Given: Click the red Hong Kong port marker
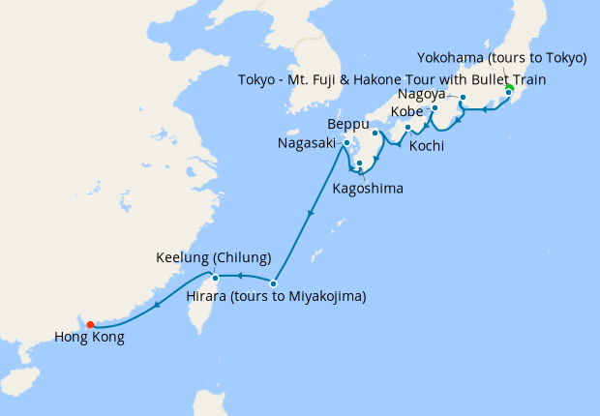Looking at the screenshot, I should (x=90, y=325).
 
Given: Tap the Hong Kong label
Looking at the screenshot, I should (x=89, y=339).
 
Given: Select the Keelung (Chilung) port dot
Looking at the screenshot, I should (x=216, y=279).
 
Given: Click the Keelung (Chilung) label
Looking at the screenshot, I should (x=214, y=259).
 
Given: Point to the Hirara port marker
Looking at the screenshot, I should (x=274, y=283).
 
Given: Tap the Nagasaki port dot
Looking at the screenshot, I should (x=346, y=143).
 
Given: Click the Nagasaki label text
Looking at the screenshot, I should (x=309, y=143).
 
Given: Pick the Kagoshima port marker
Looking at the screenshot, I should (x=359, y=163).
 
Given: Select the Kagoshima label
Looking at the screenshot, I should (x=368, y=187).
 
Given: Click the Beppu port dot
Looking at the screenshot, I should (x=375, y=133).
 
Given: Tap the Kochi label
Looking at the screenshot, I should (x=427, y=146).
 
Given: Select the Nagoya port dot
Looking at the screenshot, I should (x=464, y=98).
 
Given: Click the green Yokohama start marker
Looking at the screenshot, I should (x=509, y=90).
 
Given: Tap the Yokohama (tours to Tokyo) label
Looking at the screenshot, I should (x=501, y=58).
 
